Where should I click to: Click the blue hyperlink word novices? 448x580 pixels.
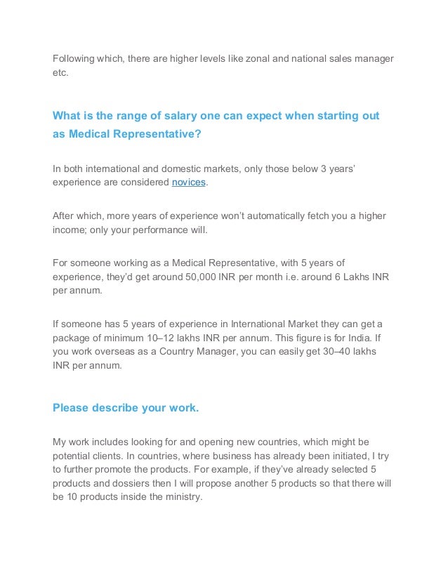click(190, 182)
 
